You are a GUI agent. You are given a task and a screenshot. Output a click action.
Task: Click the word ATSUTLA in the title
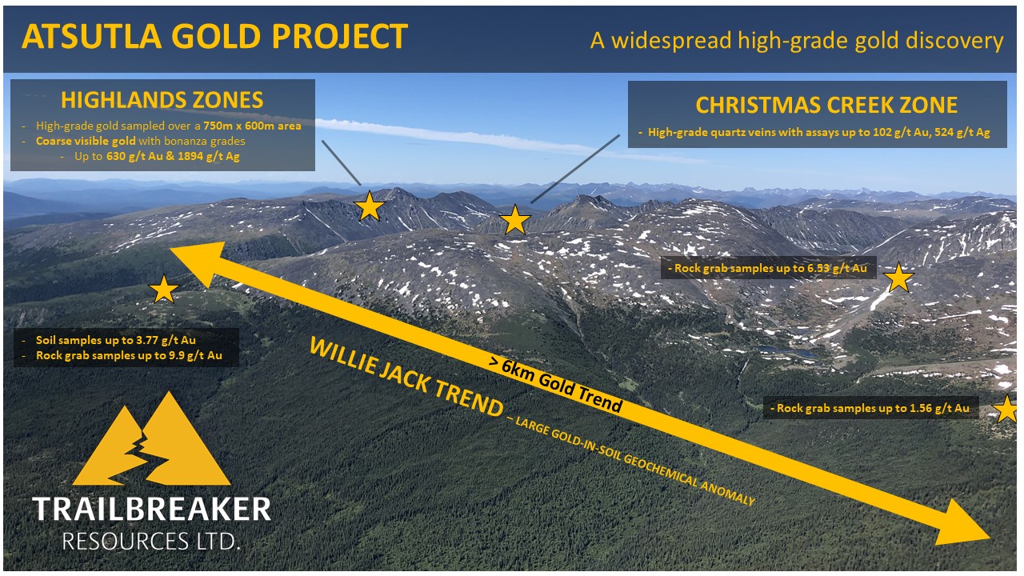pyautogui.click(x=91, y=36)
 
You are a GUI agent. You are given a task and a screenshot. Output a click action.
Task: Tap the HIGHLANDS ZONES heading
pyautogui.click(x=162, y=100)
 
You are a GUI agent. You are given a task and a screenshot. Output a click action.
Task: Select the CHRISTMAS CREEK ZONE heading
pyautogui.click(x=826, y=105)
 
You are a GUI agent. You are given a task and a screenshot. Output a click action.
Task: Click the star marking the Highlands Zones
pyautogui.click(x=369, y=206)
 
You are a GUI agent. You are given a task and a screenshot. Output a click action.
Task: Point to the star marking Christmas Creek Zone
pyautogui.click(x=514, y=220)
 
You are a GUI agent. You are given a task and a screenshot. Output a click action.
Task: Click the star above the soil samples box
pyautogui.click(x=163, y=290)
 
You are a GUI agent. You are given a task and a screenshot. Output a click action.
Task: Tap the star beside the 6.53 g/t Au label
pyautogui.click(x=898, y=278)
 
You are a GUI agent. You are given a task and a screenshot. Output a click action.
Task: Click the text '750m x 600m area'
pyautogui.click(x=252, y=126)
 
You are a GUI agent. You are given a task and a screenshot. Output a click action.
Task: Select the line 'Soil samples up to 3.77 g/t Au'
pyautogui.click(x=116, y=340)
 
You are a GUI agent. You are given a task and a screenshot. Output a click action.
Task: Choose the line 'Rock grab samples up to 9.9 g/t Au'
pyautogui.click(x=129, y=356)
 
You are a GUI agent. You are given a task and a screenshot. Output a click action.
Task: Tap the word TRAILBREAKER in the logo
pyautogui.click(x=151, y=510)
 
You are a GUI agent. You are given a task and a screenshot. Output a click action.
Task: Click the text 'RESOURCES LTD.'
pyautogui.click(x=151, y=542)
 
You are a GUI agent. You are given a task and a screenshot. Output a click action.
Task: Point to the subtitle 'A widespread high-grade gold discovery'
pyautogui.click(x=797, y=41)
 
